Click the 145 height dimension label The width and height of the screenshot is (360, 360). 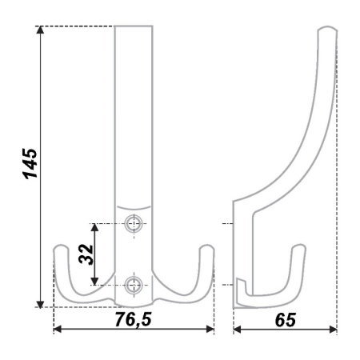[30, 163]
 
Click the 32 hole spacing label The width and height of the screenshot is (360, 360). [86, 254]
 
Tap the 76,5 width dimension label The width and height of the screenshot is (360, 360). [133, 319]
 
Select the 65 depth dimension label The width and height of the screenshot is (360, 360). [285, 320]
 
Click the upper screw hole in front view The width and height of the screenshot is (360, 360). [134, 223]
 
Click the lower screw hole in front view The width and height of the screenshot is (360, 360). [134, 285]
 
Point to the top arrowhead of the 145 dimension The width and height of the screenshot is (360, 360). [40, 30]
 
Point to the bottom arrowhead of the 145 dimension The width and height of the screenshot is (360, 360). [40, 304]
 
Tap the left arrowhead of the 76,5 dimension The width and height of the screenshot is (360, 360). [58, 329]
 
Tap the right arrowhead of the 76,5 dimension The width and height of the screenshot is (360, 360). [210, 329]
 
